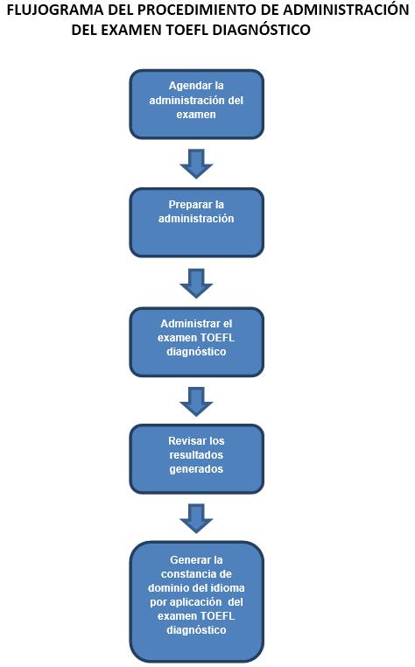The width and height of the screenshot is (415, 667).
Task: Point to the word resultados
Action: [196, 455]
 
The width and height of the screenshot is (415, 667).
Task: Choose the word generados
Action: [196, 469]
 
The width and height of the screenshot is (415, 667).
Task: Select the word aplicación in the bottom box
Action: [196, 602]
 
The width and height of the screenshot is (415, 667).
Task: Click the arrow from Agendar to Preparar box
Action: [196, 164]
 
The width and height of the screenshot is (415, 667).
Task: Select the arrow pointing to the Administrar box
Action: [196, 283]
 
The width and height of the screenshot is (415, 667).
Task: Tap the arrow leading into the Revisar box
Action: [196, 401]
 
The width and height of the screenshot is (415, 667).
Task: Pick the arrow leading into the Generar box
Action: [196, 518]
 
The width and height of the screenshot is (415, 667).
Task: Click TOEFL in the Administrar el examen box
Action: [217, 337]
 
